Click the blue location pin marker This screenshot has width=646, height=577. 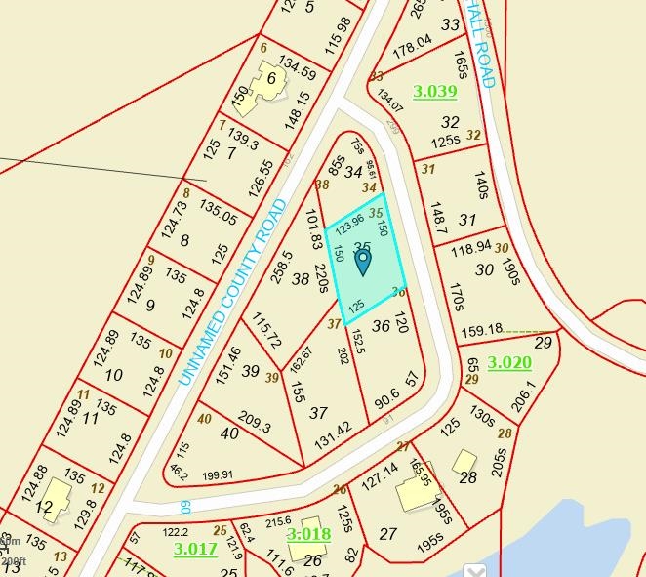click(362, 261)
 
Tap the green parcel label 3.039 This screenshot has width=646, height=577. click(434, 92)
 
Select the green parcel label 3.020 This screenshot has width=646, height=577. click(509, 363)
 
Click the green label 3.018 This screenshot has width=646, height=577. click(308, 534)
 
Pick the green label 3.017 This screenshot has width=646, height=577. click(195, 549)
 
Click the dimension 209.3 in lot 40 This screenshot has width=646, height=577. click(253, 423)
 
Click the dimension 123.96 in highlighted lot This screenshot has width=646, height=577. click(349, 225)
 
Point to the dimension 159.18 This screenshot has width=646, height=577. click(483, 329)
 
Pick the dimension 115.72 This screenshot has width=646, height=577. click(266, 331)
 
